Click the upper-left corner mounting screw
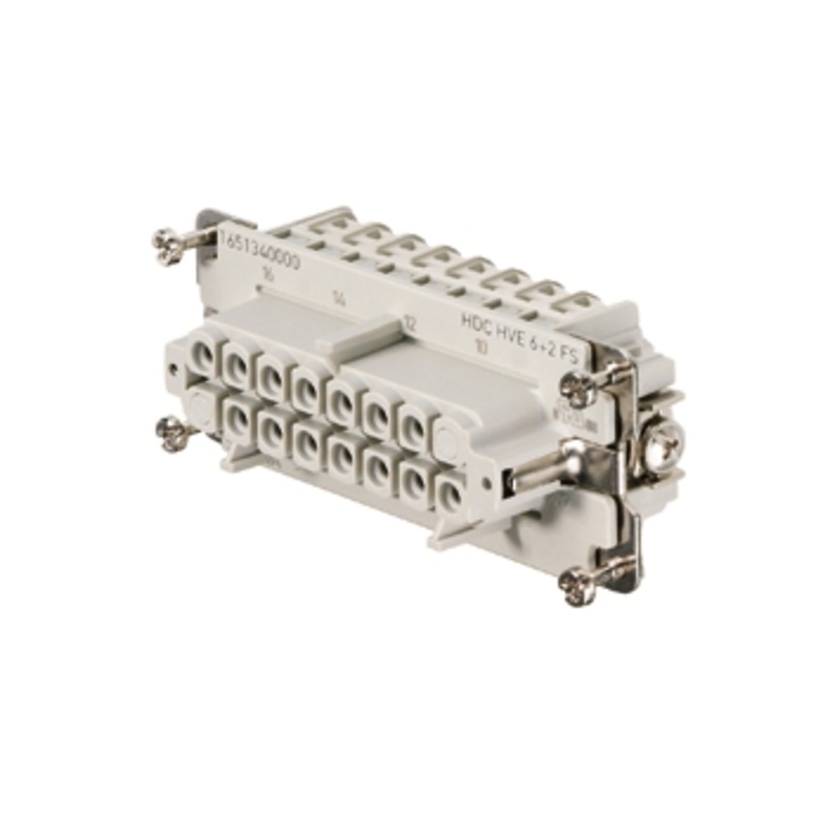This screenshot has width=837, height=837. click(x=167, y=244)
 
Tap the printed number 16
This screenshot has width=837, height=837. click(x=268, y=274)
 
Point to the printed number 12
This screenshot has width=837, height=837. click(x=410, y=321)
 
